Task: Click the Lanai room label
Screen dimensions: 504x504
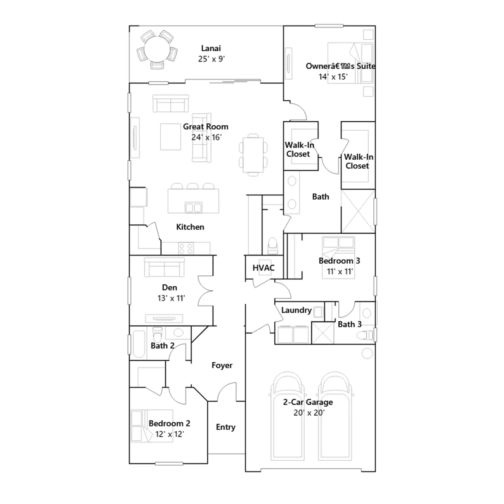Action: coord(211,48)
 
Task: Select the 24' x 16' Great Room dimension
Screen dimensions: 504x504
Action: coord(206,137)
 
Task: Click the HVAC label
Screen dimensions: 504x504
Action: coord(263,268)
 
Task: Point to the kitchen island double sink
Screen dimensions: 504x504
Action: coord(193,208)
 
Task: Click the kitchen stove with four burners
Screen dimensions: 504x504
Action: coord(186,248)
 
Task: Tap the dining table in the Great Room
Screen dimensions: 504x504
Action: coord(253,155)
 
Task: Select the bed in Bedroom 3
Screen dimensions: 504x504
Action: coord(338,258)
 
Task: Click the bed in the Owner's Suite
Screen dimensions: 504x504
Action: coord(350,63)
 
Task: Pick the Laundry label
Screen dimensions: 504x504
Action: coord(296,310)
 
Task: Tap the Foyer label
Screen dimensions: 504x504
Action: coord(222,365)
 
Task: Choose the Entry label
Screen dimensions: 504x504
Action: coord(226,427)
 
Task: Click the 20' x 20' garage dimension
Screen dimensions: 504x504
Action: coord(309,413)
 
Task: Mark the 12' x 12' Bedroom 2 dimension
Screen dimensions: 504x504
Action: coord(169,434)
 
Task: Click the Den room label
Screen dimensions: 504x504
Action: coord(169,287)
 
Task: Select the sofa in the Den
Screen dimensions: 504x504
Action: coord(164,267)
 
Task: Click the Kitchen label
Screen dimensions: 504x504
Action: coord(190,227)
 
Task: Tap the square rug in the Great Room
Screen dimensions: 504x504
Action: coord(170,137)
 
